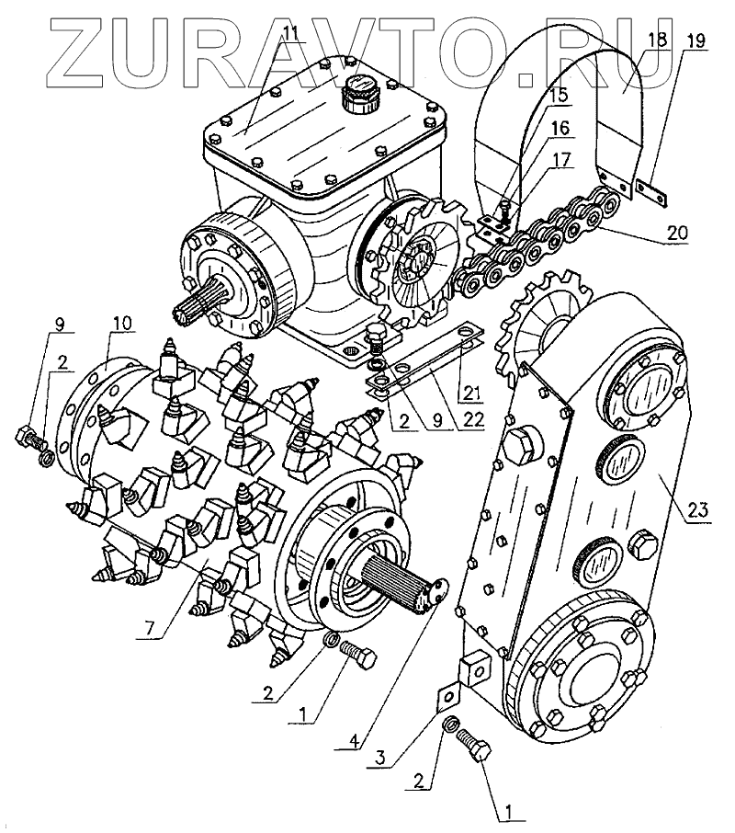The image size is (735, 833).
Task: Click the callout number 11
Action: tap(290, 34)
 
